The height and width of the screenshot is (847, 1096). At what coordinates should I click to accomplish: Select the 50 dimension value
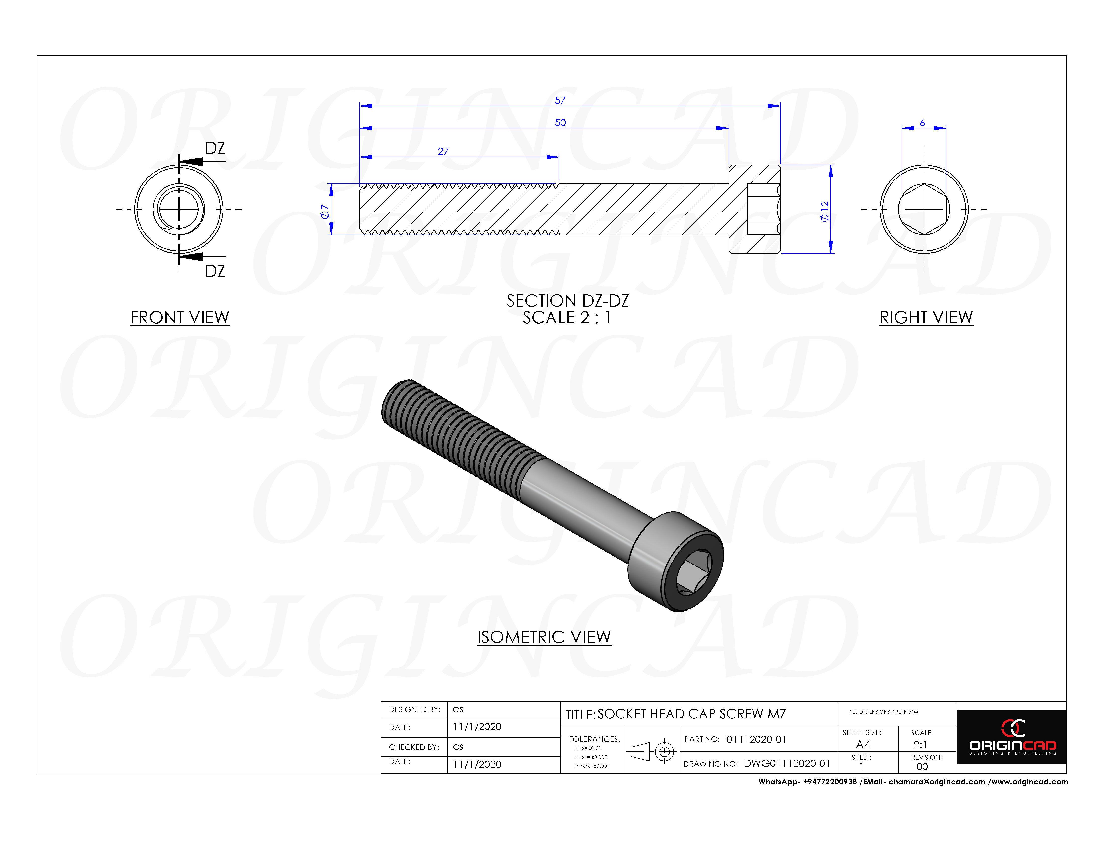pyautogui.click(x=560, y=122)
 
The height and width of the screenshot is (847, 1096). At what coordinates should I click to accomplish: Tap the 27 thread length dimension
pyautogui.click(x=443, y=151)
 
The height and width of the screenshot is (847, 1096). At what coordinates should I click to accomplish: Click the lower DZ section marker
pyautogui.click(x=215, y=271)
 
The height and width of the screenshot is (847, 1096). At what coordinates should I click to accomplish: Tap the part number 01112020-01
pyautogui.click(x=756, y=739)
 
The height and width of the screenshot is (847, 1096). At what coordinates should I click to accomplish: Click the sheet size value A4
pyautogui.click(x=863, y=744)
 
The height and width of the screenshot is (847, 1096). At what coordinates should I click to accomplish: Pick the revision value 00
pyautogui.click(x=922, y=766)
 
